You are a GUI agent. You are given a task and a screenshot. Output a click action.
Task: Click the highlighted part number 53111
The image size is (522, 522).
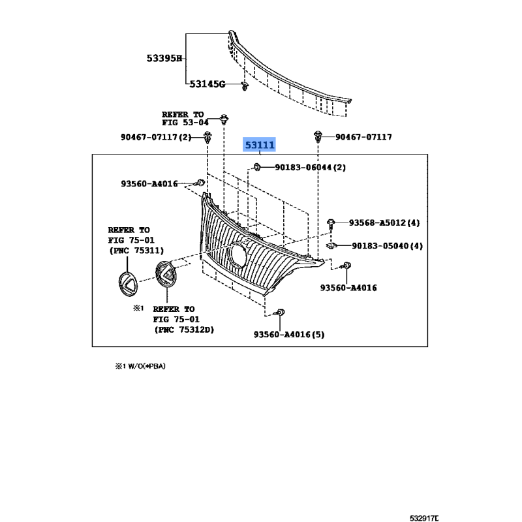pyautogui.click(x=260, y=145)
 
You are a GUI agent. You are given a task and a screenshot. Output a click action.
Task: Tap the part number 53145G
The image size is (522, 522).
pyautogui.click(x=207, y=84)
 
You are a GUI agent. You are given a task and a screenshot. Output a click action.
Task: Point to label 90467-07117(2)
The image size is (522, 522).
pyautogui.click(x=156, y=137)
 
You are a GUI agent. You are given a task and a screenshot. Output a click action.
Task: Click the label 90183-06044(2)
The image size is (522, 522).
pyautogui.click(x=309, y=168)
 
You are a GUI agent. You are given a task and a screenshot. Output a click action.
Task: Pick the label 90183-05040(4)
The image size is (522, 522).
pyautogui.click(x=387, y=246)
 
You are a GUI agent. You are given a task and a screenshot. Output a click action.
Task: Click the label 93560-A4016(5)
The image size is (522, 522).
pyautogui.click(x=288, y=335)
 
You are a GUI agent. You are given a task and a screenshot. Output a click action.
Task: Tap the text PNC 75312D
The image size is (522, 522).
pyautogui.click(x=184, y=330)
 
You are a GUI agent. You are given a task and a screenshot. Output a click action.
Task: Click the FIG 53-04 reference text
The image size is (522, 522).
pyautogui.click(x=185, y=122)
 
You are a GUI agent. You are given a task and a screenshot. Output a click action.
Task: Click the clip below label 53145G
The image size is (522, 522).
pyautogui.click(x=244, y=88)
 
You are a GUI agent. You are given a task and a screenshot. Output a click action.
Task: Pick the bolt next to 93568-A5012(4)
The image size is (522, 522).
pyautogui.click(x=331, y=223)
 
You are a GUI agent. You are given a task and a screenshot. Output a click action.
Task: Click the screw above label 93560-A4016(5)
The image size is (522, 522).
pyautogui.click(x=280, y=315)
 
